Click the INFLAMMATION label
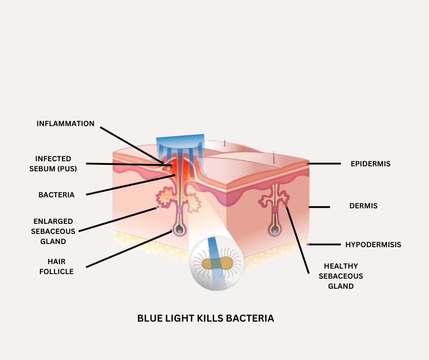coord(65,124)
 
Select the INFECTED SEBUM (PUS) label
coord(56,164)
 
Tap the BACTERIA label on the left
coord(56,195)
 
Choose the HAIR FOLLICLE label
coord(57,266)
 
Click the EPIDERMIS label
coord(370,164)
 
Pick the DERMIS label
coord(363,206)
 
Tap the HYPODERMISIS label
coord(373,244)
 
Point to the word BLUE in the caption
coord(151,318)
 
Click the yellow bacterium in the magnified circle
coord(217,264)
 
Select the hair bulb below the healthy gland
coord(275,229)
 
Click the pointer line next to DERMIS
coord(319,207)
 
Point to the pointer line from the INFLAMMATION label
coord(132,145)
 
